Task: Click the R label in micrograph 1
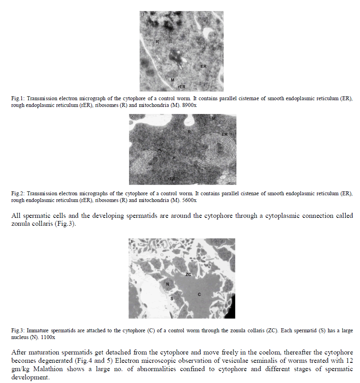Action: pyautogui.click(x=157, y=41)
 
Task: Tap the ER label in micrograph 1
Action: pyautogui.click(x=203, y=67)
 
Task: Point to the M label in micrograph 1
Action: pyautogui.click(x=172, y=80)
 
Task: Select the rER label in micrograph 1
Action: pyautogui.click(x=182, y=86)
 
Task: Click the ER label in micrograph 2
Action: pyautogui.click(x=224, y=135)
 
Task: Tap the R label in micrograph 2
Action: pyautogui.click(x=190, y=131)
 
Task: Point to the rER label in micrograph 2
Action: pyautogui.click(x=171, y=179)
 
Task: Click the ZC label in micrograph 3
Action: pyautogui.click(x=189, y=274)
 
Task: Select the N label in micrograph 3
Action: pyautogui.click(x=167, y=284)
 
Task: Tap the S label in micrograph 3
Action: pyautogui.click(x=172, y=299)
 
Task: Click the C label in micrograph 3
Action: pyautogui.click(x=200, y=294)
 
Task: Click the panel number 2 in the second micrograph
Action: pyautogui.click(x=132, y=117)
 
